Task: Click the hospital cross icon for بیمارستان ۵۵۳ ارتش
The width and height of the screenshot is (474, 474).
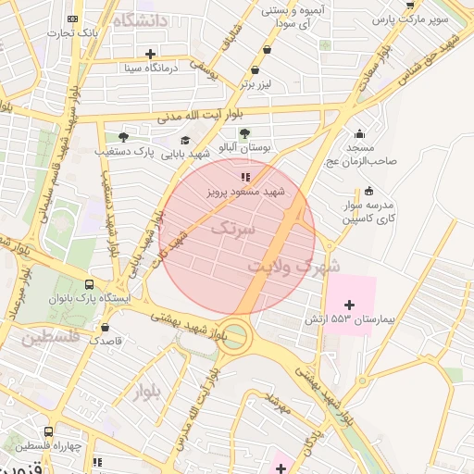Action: click(x=349, y=305)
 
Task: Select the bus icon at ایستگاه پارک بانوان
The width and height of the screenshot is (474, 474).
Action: click(x=89, y=285)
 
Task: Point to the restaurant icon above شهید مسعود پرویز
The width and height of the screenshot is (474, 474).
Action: click(x=245, y=176)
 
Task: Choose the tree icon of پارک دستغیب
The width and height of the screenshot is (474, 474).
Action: click(x=123, y=136)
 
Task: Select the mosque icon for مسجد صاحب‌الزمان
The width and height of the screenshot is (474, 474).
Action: click(x=359, y=133)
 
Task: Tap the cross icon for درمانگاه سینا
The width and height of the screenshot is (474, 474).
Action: click(x=151, y=54)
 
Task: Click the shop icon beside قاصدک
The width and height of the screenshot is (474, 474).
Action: click(x=104, y=327)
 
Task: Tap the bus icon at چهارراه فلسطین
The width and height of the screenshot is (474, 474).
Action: click(x=48, y=431)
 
